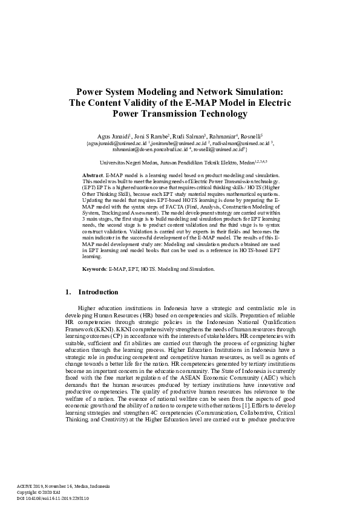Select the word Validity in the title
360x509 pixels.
tap(143, 102)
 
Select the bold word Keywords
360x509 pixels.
tap(95, 268)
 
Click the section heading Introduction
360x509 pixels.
tap(98, 293)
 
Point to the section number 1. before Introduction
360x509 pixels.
tap(68, 293)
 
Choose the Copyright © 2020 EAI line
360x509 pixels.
tap(36, 492)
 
